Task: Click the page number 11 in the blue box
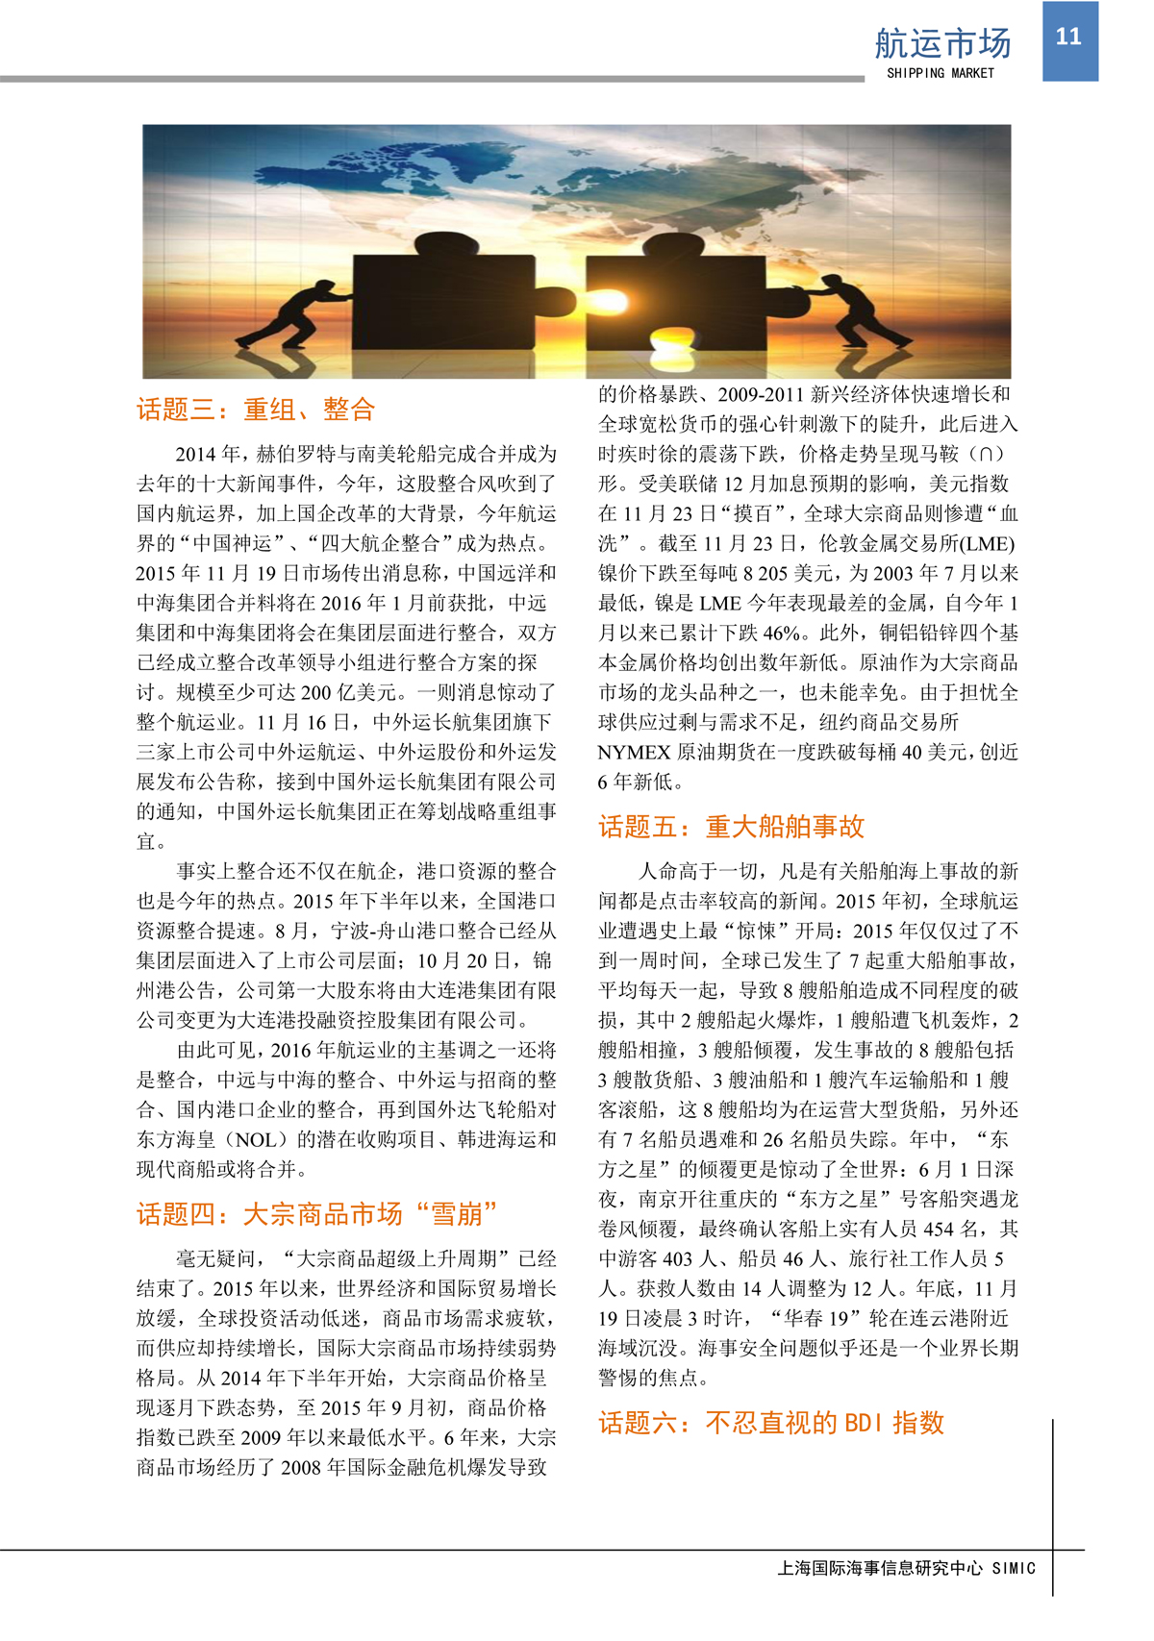pos(1068,37)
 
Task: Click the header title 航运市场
pos(942,43)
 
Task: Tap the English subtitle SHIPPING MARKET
pos(940,73)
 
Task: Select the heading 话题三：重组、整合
pos(255,410)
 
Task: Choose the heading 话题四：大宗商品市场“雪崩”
pos(317,1214)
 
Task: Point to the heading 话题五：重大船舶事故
pos(731,827)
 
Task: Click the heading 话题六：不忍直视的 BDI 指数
pos(771,1423)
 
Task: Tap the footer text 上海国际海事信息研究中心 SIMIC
pos(906,1568)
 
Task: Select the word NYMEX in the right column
pos(634,753)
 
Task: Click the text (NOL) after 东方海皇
pos(256,1140)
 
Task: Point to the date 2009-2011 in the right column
pos(760,394)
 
